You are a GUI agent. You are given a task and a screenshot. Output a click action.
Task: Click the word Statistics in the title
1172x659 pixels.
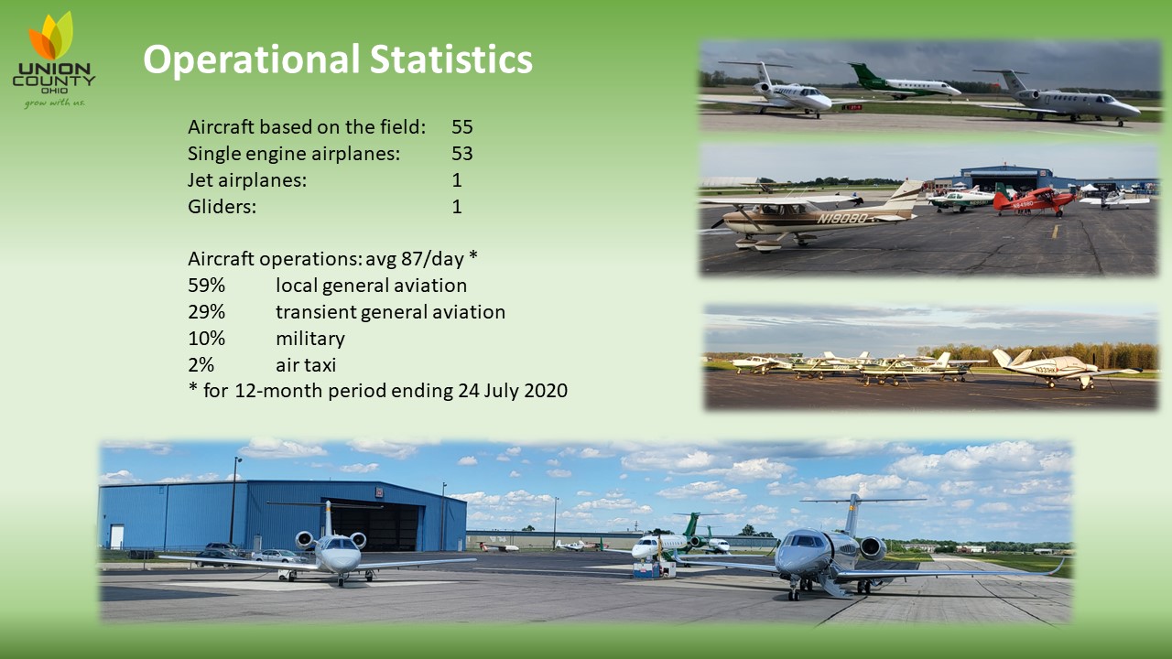(451, 59)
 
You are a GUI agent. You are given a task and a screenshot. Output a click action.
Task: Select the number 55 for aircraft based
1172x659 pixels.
(462, 127)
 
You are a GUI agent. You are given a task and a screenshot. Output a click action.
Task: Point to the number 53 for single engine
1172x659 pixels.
(462, 154)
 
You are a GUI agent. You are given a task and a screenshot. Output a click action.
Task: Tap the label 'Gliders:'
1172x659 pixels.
(222, 207)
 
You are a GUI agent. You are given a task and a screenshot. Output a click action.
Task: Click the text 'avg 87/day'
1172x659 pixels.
(415, 259)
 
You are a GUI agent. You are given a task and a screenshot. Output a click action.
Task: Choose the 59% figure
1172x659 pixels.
(206, 286)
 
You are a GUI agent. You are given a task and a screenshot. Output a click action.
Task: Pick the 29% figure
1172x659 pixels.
(206, 312)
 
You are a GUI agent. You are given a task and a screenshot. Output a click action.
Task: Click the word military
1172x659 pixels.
(310, 339)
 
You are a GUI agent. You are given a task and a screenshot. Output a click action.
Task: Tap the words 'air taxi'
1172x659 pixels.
(306, 365)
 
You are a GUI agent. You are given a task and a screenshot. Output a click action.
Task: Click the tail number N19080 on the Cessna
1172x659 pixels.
(841, 218)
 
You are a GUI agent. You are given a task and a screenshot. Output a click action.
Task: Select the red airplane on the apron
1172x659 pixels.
(1034, 200)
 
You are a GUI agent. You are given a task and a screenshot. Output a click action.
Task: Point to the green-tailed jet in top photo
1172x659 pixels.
(904, 82)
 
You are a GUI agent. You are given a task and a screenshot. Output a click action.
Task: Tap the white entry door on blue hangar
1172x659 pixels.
(116, 537)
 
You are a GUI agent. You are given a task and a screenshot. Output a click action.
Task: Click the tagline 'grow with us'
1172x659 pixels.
(54, 103)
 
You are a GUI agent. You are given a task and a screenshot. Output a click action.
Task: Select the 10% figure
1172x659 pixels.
(206, 339)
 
